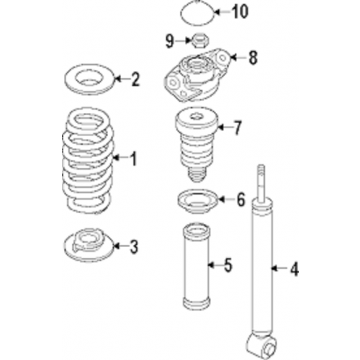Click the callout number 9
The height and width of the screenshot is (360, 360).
pos(169,38)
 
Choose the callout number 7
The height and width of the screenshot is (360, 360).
pos(238,129)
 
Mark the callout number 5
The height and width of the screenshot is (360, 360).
pos(228,265)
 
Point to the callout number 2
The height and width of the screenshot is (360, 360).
pos(134,79)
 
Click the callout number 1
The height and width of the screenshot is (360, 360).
pos(132,158)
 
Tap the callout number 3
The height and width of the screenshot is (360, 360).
pos(132,247)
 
